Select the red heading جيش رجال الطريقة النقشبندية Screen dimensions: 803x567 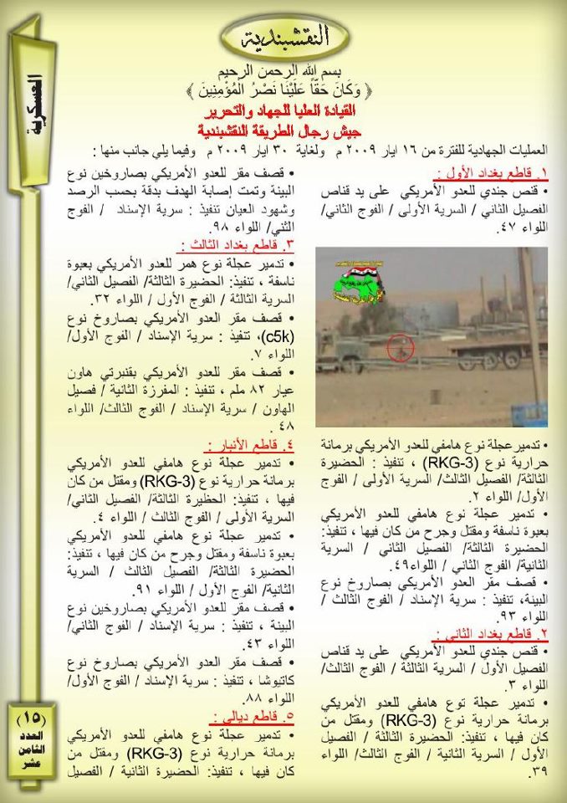click(x=283, y=130)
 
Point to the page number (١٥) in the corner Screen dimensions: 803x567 click(x=33, y=718)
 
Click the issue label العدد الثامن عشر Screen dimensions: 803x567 click(x=33, y=750)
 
